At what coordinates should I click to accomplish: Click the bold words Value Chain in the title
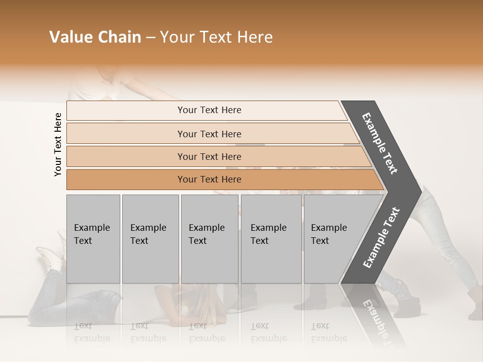(x=95, y=37)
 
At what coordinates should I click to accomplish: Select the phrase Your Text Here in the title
(x=216, y=37)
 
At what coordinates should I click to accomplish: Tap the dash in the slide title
(x=150, y=38)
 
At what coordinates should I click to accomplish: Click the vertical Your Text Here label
(x=58, y=144)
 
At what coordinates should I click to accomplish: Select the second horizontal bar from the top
(x=209, y=134)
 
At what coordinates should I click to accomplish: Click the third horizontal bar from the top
(x=209, y=156)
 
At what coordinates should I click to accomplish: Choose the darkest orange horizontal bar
(x=209, y=179)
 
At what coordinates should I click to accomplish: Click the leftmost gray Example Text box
(x=93, y=238)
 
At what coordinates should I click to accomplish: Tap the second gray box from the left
(x=150, y=238)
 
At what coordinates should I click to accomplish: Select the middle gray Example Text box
(x=209, y=238)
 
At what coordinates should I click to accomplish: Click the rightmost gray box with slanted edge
(x=332, y=238)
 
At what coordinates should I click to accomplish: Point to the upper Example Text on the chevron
(x=380, y=143)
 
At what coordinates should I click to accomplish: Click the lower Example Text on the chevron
(x=381, y=237)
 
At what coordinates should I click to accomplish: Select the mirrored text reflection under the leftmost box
(x=93, y=332)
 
